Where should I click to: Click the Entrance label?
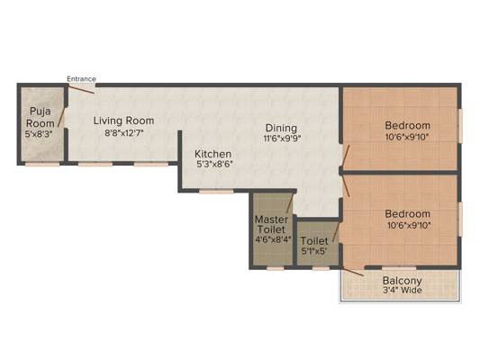click(x=81, y=79)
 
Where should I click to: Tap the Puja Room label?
click(x=41, y=117)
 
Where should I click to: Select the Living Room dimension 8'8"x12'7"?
click(x=124, y=133)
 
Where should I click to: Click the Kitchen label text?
click(x=213, y=154)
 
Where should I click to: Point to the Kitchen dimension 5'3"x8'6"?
click(x=214, y=164)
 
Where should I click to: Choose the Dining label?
click(x=281, y=129)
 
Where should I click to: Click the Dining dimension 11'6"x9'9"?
click(x=282, y=139)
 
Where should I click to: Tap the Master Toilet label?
click(x=271, y=224)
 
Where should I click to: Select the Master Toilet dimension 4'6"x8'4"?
click(x=273, y=238)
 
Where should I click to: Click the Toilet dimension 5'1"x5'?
click(x=314, y=251)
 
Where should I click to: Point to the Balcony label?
click(x=403, y=280)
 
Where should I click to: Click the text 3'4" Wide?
click(x=403, y=290)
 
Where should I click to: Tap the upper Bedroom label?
click(x=407, y=125)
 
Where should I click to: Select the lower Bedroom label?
click(x=407, y=213)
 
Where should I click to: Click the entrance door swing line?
click(x=81, y=90)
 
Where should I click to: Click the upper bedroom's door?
click(x=346, y=157)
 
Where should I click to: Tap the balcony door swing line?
click(x=353, y=272)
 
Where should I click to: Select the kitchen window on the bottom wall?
click(x=216, y=192)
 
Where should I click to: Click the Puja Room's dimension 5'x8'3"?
click(x=39, y=134)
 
